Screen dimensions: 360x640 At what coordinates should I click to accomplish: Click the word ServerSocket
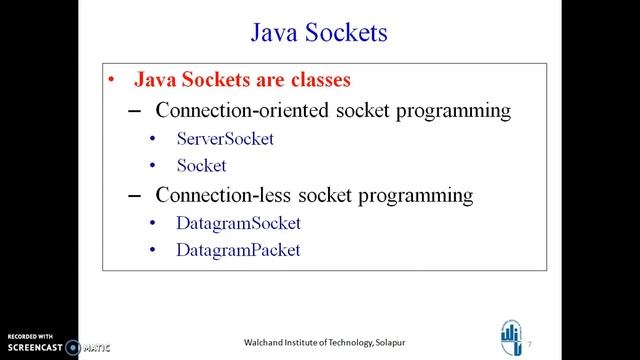224,139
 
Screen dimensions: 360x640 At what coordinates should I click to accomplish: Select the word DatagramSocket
238,223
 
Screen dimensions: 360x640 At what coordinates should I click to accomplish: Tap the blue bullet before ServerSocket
152,140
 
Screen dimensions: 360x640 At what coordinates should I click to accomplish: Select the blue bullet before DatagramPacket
152,251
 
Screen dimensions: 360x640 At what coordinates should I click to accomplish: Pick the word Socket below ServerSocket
201,166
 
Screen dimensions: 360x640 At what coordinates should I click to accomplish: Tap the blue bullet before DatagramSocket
152,224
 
